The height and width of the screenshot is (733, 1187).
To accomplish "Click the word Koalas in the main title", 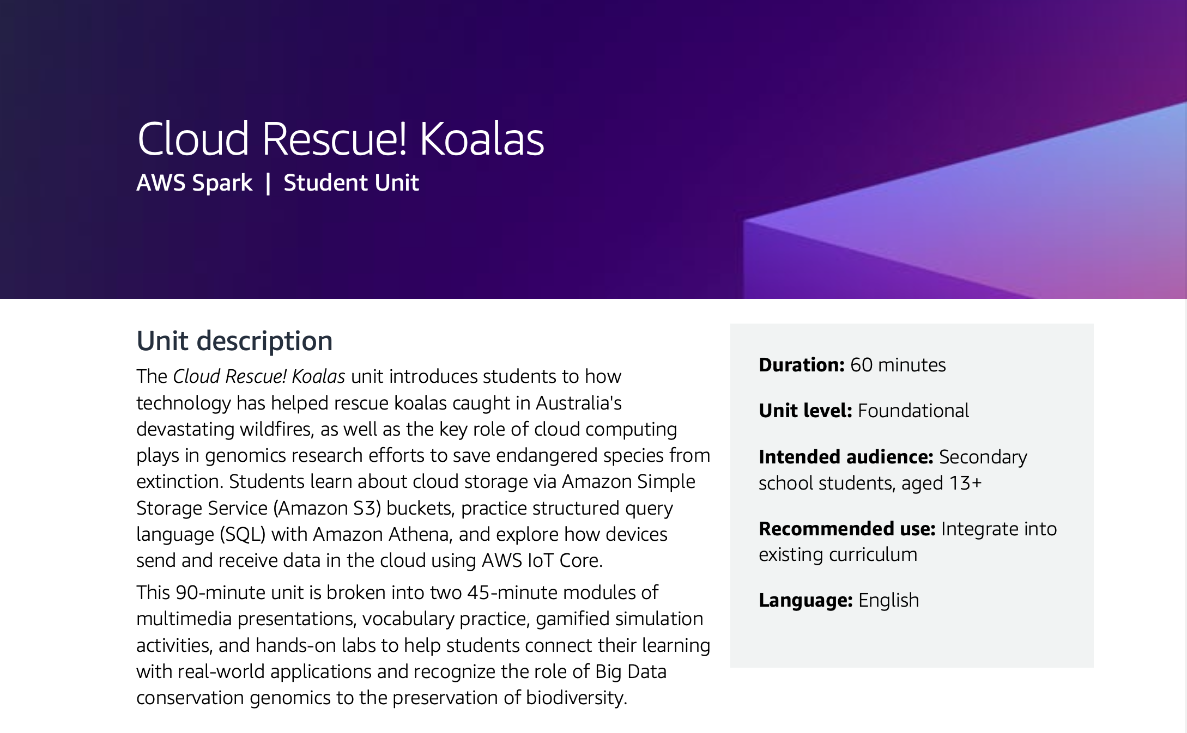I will (482, 139).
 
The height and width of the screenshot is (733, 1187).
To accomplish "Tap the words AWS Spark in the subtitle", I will (194, 183).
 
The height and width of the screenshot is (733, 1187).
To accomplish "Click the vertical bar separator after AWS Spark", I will (268, 184).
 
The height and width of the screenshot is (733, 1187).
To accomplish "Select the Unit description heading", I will (234, 341).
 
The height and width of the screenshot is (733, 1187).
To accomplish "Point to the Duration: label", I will (801, 365).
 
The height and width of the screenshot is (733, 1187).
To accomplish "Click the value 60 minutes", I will (898, 365).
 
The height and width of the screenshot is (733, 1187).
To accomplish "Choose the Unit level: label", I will (805, 411).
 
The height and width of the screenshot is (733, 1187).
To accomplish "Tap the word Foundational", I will (913, 411).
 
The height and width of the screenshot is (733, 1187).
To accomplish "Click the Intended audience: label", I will (846, 457).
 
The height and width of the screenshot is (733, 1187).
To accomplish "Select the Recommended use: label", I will (847, 529).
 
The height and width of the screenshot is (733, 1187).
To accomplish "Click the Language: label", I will (806, 600).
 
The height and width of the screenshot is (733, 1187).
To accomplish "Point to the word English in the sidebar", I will (888, 600).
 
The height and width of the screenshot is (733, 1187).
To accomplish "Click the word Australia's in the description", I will (578, 403).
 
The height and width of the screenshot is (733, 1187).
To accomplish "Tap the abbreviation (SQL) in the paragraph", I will (242, 534).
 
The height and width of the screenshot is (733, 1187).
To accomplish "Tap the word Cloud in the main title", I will (193, 139).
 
